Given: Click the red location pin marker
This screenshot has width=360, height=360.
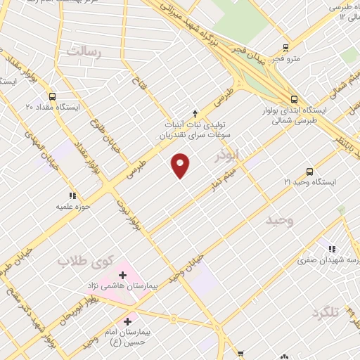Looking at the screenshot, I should (x=181, y=165).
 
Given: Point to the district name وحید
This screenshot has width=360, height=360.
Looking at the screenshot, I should (x=278, y=221).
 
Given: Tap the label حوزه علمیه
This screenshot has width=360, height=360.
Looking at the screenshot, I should (x=72, y=207).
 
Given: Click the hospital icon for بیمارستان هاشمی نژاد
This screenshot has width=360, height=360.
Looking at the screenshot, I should (x=124, y=275).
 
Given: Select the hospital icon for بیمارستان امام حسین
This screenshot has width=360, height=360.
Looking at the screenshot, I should (x=127, y=321).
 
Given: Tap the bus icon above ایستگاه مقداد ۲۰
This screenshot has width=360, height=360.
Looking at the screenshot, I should (x=53, y=96).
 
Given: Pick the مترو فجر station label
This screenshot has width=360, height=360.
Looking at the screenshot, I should (x=286, y=59).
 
